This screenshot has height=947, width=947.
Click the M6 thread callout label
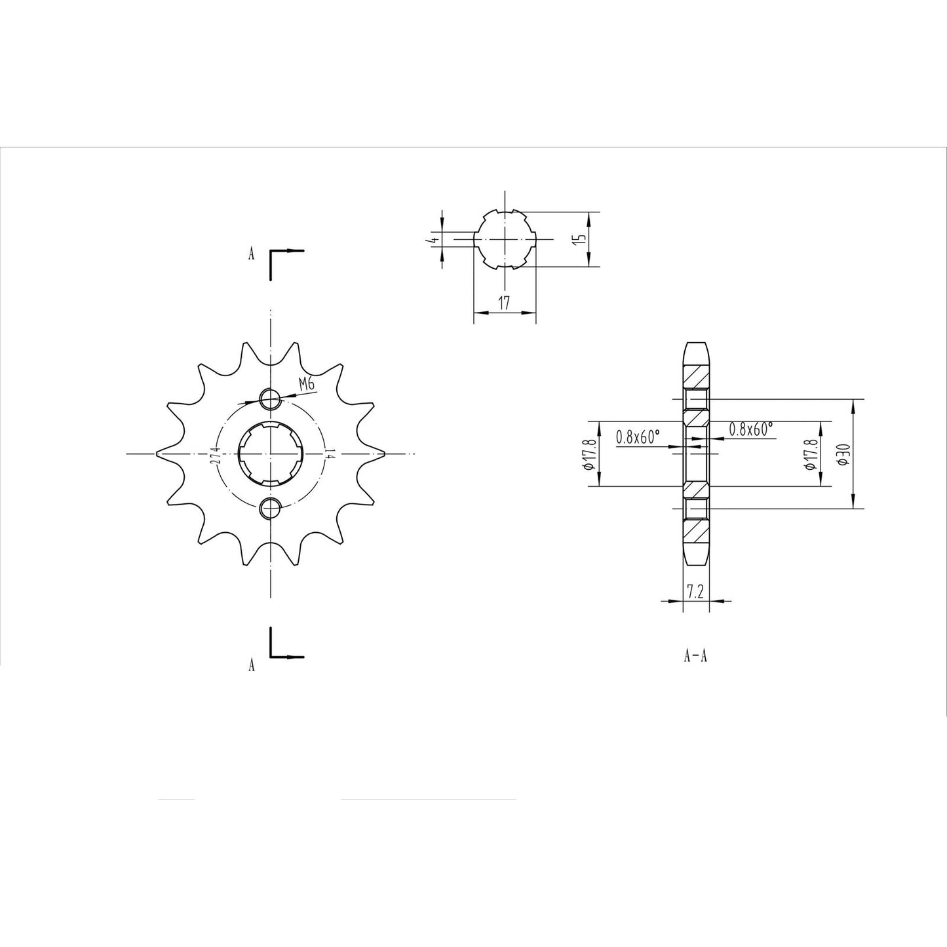(306, 385)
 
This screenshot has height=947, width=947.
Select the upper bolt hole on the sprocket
(270, 398)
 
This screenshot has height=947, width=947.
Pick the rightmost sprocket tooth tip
(382, 453)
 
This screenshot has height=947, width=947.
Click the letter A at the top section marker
(251, 254)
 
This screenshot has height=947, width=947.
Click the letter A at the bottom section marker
(251, 666)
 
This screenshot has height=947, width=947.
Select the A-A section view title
(695, 655)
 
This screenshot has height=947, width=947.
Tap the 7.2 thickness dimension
(695, 592)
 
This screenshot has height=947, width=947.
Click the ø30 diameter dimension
(843, 454)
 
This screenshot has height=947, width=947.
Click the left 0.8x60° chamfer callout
(638, 437)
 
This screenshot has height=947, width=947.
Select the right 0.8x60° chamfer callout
(751, 429)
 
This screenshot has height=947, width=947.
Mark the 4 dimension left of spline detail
(432, 240)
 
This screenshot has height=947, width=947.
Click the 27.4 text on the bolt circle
(215, 453)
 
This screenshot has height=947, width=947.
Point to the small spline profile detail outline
(505, 239)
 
